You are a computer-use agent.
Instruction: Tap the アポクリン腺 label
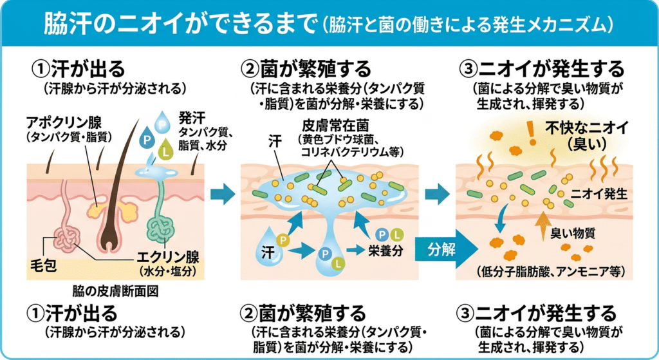62,121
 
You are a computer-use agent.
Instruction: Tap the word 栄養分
385,251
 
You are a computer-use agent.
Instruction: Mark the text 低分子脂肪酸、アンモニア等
549,270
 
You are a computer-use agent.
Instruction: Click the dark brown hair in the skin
116,187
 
